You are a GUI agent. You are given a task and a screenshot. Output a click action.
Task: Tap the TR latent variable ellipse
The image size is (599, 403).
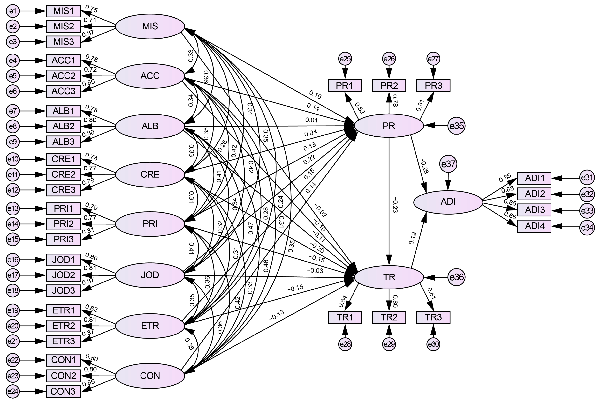389,277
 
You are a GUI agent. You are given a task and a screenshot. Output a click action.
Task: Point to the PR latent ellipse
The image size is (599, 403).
389,126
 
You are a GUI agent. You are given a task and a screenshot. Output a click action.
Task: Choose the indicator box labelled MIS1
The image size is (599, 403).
63,11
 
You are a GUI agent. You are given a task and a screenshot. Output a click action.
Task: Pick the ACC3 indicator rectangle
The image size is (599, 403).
63,91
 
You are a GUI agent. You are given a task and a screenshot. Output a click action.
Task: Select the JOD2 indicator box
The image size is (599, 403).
63,275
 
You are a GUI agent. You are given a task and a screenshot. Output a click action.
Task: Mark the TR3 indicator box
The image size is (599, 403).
433,317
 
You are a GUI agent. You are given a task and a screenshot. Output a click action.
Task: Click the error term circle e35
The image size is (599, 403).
456,126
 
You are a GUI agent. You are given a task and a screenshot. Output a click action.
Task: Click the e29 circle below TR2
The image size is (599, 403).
389,344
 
